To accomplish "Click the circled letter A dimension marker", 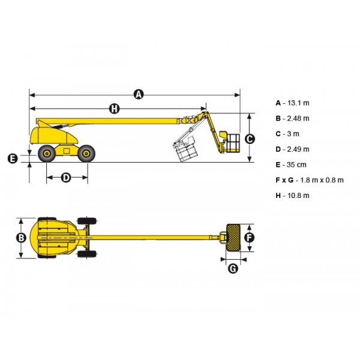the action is (x=139, y=94).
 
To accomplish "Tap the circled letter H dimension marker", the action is (x=114, y=109).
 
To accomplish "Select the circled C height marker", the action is (x=250, y=139).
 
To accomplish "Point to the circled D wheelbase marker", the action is (x=66, y=178).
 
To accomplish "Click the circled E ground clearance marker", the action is (x=13, y=158).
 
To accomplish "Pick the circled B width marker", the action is (x=21, y=238).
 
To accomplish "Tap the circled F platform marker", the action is (x=250, y=238).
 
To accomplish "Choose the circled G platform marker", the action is (x=233, y=268).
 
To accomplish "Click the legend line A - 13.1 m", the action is (x=293, y=103).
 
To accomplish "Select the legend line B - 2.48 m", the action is (x=293, y=118).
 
